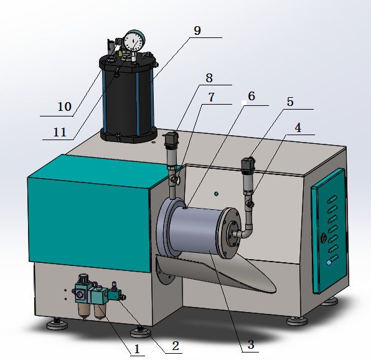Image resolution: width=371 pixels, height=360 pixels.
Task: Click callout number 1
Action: click(x=137, y=349)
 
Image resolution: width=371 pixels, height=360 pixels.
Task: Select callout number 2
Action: click(x=176, y=346)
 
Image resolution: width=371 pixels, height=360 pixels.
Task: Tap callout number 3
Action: click(x=251, y=344)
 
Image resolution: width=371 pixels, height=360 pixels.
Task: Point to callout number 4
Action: click(x=298, y=128)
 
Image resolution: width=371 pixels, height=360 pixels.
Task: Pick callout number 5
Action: click(x=290, y=102)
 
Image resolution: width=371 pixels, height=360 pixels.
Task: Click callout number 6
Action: click(x=251, y=96)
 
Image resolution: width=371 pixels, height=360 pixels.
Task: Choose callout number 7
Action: click(x=211, y=97)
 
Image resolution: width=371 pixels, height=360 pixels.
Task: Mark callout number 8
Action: click(x=209, y=78)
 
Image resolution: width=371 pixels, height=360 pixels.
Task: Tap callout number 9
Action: click(x=197, y=31)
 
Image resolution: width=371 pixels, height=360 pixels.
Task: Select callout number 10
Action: click(x=64, y=107)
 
